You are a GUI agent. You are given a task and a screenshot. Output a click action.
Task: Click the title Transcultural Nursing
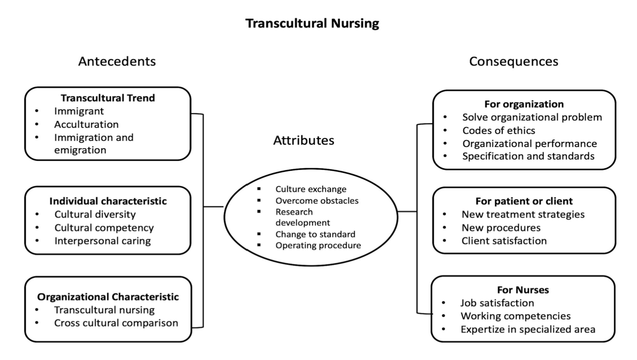point(312,23)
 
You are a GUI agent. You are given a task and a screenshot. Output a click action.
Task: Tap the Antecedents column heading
point(117,61)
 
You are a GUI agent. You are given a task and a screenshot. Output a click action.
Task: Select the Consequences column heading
point(513,61)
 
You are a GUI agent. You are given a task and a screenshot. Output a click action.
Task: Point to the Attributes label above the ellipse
point(304,140)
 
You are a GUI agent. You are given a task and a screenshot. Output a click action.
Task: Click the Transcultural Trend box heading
point(108,98)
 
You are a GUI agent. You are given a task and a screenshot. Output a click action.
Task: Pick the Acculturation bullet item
point(86,124)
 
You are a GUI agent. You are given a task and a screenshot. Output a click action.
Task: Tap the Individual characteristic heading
point(108,201)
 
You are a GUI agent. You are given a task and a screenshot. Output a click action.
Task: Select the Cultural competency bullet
point(104,228)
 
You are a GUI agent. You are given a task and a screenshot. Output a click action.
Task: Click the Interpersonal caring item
point(102,241)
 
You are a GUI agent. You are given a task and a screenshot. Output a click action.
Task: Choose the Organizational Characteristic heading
point(108,297)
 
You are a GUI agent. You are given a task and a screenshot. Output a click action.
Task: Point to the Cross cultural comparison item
point(116,323)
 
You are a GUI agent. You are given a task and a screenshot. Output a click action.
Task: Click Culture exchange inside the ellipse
point(311,189)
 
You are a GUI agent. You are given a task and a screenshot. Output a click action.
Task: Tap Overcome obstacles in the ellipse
point(317,200)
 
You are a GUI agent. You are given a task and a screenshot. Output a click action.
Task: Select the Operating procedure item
point(318,245)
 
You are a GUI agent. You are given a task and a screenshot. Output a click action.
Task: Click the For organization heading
point(524,104)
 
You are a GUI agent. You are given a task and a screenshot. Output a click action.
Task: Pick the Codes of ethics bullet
point(499,130)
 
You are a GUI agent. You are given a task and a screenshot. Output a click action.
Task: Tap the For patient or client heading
point(524,201)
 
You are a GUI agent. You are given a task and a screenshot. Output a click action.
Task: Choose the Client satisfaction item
point(504,241)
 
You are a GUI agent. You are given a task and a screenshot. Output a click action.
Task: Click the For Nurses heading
point(523,290)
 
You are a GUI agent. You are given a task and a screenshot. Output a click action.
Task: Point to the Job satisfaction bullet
point(497,303)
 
